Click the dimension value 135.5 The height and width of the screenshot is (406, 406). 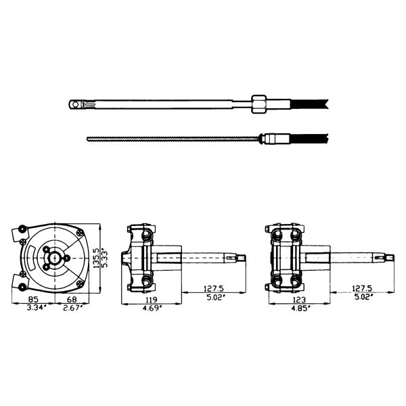pos(96,258)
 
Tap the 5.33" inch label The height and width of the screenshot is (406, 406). pos(104,258)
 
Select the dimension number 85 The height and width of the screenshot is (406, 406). pos(33,299)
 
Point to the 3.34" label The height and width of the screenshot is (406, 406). pos(37,308)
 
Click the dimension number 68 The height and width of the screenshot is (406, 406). pos(72,299)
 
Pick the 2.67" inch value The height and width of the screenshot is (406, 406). pos(73,308)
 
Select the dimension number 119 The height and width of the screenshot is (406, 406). pos(151,300)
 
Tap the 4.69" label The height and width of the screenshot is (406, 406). pos(152,308)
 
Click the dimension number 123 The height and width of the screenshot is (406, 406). pos(299,300)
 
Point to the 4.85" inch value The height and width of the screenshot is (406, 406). pos(301,308)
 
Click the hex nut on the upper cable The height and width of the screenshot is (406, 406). pos(258,104)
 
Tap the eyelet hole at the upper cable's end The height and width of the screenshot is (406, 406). pos(75,105)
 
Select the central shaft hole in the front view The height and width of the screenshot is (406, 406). pos(55,258)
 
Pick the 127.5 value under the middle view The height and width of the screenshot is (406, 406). pos(213,288)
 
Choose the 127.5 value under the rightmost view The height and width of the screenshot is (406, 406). pos(362,288)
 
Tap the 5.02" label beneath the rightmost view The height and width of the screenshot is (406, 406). pos(363,297)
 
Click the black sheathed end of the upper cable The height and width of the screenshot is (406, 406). pos(309,104)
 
